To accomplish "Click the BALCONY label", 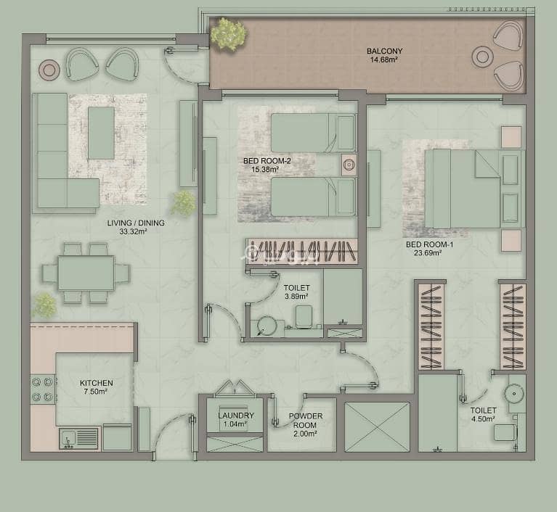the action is point(384,51).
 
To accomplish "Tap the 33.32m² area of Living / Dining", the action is point(133,231).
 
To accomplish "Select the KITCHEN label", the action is point(97,383).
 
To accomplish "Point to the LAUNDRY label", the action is point(236,415).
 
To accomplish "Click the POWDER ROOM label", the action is point(306,421).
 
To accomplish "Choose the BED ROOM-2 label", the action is point(267,161).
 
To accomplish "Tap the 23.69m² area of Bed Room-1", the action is point(428,253).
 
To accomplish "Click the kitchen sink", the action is point(78,438).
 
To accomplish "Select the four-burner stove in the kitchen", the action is point(43,389).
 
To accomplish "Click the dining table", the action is point(86,273).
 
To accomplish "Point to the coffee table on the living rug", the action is point(101,133).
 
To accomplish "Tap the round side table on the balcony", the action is point(482,57).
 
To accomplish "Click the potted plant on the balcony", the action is point(228,34).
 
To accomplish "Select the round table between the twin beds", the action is point(349,165).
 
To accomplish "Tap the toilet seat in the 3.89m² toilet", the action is point(304,316).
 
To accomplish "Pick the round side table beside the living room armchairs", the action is point(49,70).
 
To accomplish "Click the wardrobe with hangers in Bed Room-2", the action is point(301,251).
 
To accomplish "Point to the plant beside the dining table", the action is point(45,305).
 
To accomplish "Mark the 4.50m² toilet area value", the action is point(483,419).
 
